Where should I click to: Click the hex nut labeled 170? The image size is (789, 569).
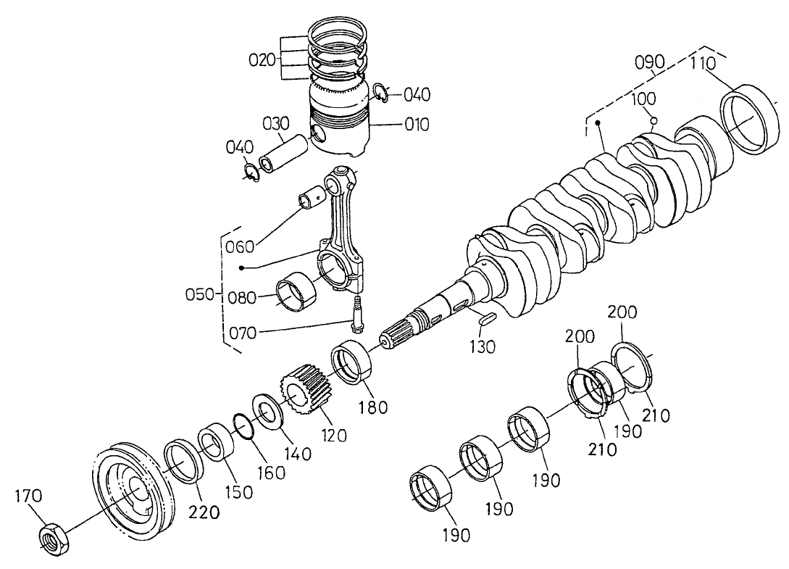pyautogui.click(x=54, y=539)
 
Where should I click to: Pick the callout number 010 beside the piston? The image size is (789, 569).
pyautogui.click(x=417, y=125)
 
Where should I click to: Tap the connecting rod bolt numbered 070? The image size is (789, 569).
pyautogui.click(x=356, y=314)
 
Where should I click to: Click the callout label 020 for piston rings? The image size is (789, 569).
pyautogui.click(x=262, y=60)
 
